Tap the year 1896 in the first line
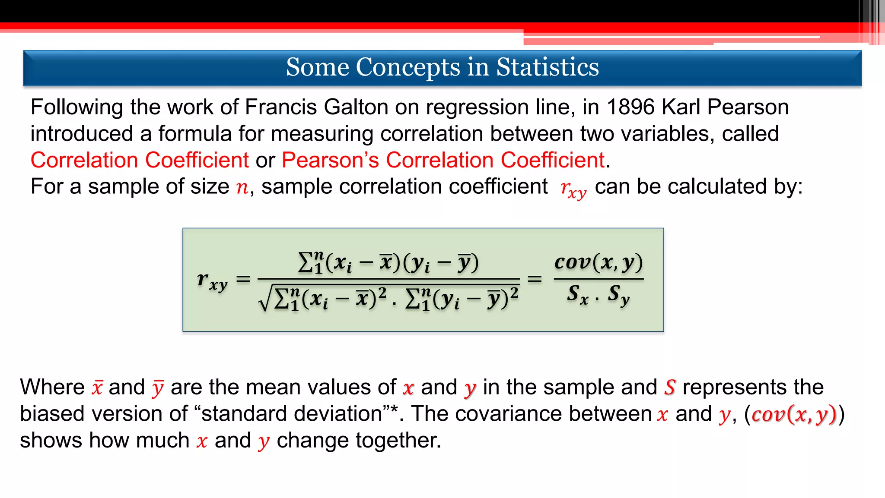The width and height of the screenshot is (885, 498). (630, 107)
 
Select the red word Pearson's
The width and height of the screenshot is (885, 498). (330, 160)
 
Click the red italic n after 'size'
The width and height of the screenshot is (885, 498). (242, 187)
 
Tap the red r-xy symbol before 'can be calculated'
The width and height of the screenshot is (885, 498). (573, 189)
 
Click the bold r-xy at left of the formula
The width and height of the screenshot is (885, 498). (212, 281)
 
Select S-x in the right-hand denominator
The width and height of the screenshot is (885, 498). (577, 295)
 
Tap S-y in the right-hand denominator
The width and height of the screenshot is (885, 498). (618, 295)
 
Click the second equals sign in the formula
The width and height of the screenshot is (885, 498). (535, 280)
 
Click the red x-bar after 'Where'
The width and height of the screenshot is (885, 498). (97, 387)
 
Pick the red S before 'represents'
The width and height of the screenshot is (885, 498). (670, 387)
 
